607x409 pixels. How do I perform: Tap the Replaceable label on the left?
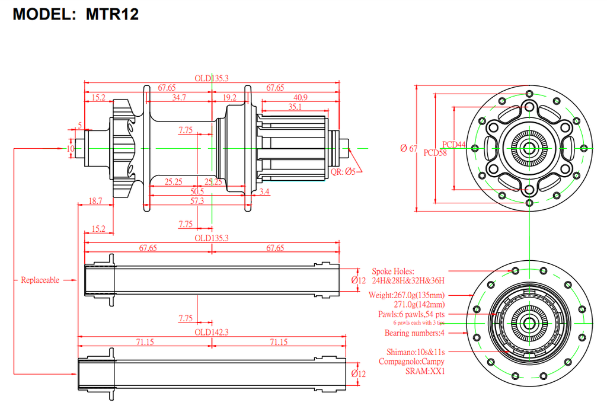(40, 280)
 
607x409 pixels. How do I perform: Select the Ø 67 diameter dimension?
(409, 148)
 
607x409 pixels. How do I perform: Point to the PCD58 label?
(436, 152)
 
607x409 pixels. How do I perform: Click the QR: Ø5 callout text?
(344, 171)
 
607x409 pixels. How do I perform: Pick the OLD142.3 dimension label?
(212, 332)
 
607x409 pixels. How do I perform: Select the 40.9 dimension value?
(301, 97)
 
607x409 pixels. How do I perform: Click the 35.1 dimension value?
(295, 107)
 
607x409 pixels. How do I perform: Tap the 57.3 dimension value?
(197, 202)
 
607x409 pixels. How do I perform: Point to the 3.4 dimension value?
(264, 191)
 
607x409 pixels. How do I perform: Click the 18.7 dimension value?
(95, 202)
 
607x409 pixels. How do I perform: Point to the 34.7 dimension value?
(178, 97)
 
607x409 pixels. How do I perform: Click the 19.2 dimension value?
(229, 97)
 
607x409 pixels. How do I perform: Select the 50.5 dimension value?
(197, 191)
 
